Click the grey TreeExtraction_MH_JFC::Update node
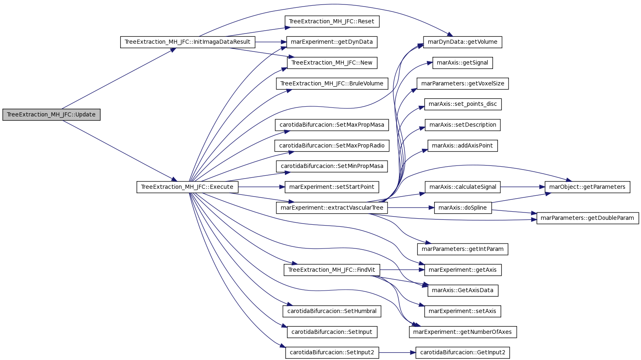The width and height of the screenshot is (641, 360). [x=52, y=115]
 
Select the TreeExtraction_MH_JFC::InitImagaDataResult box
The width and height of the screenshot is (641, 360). [x=188, y=42]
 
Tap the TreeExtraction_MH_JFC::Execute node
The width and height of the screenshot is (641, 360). [x=187, y=187]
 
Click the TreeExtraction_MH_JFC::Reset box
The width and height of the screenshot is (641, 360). [x=332, y=21]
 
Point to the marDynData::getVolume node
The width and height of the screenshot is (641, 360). [x=462, y=42]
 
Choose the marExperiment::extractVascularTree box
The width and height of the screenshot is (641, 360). [x=332, y=208]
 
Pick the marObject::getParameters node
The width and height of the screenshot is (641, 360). [x=587, y=187]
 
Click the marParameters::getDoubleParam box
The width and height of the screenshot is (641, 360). [x=588, y=218]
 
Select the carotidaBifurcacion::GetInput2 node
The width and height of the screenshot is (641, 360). [x=463, y=353]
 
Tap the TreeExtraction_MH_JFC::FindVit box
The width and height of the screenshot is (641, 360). [x=332, y=270]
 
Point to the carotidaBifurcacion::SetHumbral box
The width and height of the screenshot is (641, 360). [x=332, y=311]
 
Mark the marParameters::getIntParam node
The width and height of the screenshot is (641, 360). [x=463, y=249]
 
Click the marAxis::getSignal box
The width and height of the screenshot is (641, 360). [x=463, y=63]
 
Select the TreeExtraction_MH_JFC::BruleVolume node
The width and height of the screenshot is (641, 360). [x=332, y=83]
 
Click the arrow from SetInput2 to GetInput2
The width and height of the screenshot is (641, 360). [x=397, y=353]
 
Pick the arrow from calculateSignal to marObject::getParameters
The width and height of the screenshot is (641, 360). [x=522, y=187]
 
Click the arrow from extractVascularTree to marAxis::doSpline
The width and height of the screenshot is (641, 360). [x=411, y=208]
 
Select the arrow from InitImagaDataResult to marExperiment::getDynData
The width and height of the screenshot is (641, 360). [x=271, y=42]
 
